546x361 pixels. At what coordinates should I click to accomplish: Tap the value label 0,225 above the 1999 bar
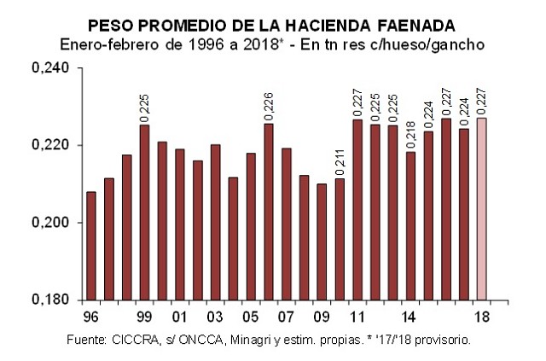click(145, 108)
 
